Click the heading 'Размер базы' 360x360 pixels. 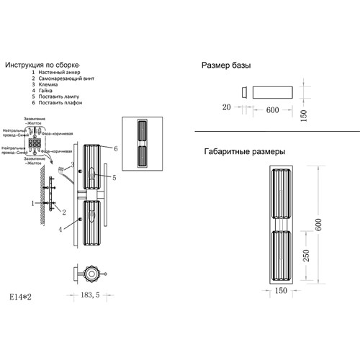(226, 66)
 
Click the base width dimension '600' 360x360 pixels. (272, 110)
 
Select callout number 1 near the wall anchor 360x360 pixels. (32, 204)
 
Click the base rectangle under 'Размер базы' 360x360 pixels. (272, 92)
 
